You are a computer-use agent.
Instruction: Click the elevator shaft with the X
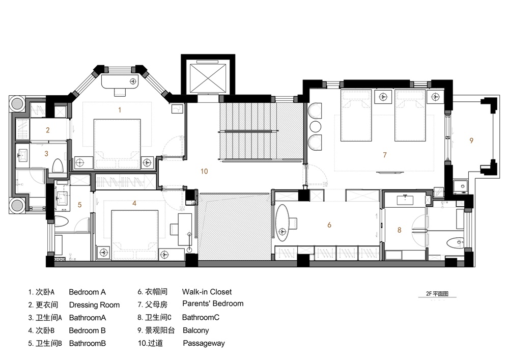click(x=206, y=76)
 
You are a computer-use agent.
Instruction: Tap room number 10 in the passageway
click(x=204, y=172)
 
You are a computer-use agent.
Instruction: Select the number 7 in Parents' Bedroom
click(x=385, y=155)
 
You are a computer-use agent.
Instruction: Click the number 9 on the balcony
click(x=471, y=140)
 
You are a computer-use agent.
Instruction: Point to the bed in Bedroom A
click(x=117, y=141)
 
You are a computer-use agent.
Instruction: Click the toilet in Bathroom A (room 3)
click(x=58, y=165)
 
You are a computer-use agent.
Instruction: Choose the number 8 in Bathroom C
click(x=400, y=230)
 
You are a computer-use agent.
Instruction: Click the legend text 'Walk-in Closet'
click(x=207, y=292)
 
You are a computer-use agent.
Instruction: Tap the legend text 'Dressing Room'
click(x=94, y=305)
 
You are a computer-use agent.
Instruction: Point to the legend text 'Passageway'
click(x=204, y=343)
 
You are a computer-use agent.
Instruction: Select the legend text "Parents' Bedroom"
click(x=213, y=303)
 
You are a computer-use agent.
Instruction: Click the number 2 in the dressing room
click(x=48, y=130)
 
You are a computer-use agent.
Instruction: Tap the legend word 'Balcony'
click(x=195, y=330)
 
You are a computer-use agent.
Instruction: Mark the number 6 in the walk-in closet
click(x=329, y=225)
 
